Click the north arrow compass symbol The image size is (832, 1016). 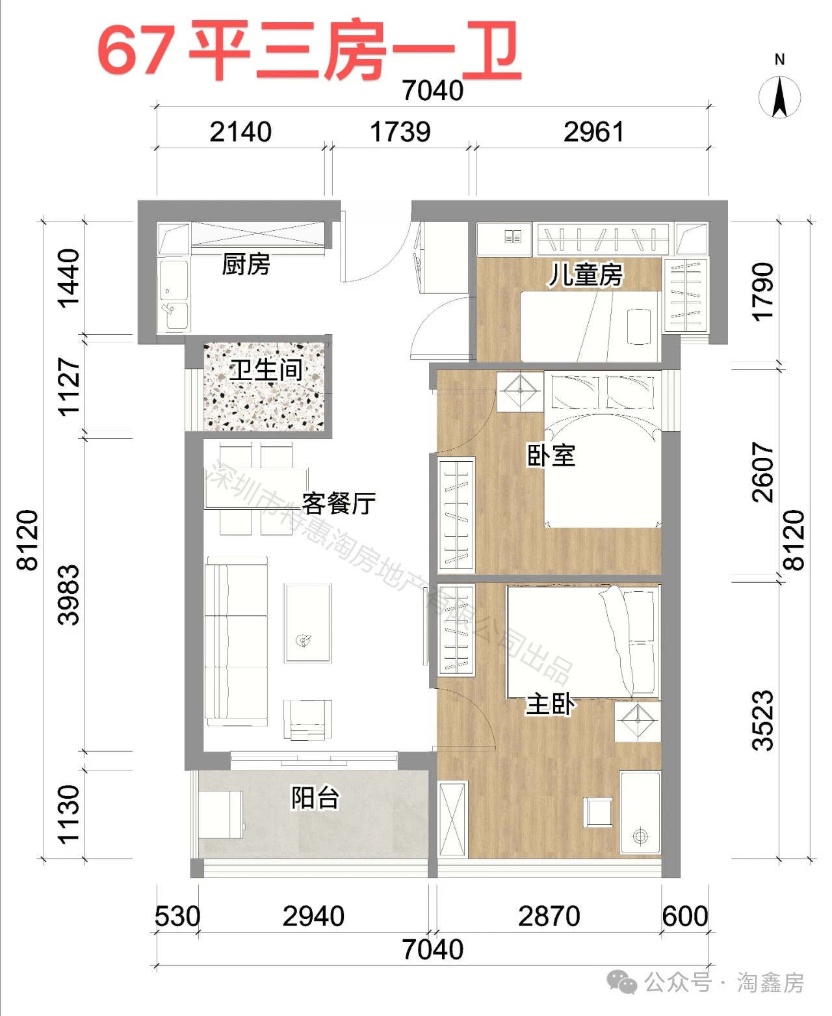point(779,97)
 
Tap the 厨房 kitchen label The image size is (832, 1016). point(246,265)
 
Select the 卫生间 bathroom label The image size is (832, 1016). point(266,370)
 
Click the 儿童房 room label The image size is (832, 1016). point(585,274)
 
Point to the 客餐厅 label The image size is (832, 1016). point(339,503)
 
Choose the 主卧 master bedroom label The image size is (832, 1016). point(550,704)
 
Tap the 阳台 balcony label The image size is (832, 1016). point(315,798)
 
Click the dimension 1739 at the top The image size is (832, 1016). point(400,132)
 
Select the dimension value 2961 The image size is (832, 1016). point(593,132)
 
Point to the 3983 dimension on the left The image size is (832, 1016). point(69,595)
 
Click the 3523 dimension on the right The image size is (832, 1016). point(763,720)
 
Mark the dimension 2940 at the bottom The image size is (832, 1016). point(313,916)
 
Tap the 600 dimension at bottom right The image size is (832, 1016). point(684,916)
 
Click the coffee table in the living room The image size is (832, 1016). point(307,623)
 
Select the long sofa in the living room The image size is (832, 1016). point(236,641)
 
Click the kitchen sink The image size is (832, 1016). point(175,315)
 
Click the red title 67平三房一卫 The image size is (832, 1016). point(309,51)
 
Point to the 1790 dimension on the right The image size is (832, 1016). point(763,291)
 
